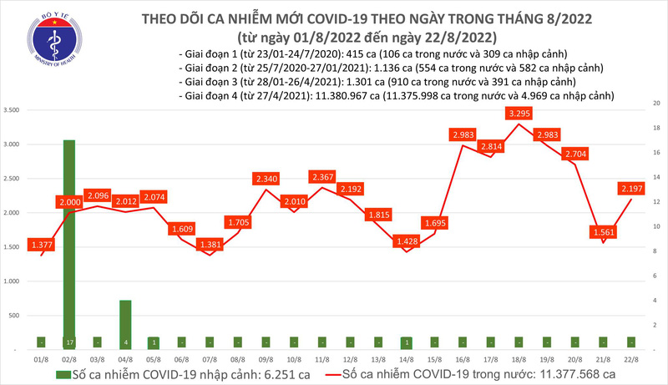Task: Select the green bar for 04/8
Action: [124, 317]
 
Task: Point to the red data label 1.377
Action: [42, 244]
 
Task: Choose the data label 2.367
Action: [322, 177]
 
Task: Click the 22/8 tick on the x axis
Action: [630, 361]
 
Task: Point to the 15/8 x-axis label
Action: [434, 361]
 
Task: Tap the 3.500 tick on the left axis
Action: [13, 110]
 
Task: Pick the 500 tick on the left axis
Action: [15, 316]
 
